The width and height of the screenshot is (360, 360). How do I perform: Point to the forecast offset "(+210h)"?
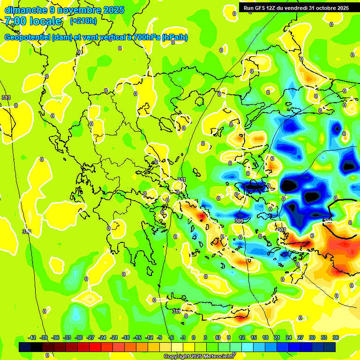pyautogui.click(x=83, y=21)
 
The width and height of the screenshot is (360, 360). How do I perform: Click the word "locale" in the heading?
pyautogui.click(x=45, y=21)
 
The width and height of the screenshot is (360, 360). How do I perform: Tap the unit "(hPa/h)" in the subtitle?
pyautogui.click(x=174, y=37)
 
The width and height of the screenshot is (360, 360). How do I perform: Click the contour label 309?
pyautogui.click(x=239, y=220)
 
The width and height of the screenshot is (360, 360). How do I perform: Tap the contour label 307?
pyautogui.click(x=281, y=230)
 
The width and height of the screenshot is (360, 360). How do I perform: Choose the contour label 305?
pyautogui.click(x=328, y=220)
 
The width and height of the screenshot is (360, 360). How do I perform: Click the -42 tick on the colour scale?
pyautogui.click(x=32, y=337)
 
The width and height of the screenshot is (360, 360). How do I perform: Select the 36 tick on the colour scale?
pyautogui.click(x=336, y=337)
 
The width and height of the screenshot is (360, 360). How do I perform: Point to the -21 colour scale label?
pyautogui.click(x=113, y=337)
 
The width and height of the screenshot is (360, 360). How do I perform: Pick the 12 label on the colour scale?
pyautogui.click(x=242, y=337)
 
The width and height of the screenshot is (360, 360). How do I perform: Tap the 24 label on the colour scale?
pyautogui.click(x=289, y=337)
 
